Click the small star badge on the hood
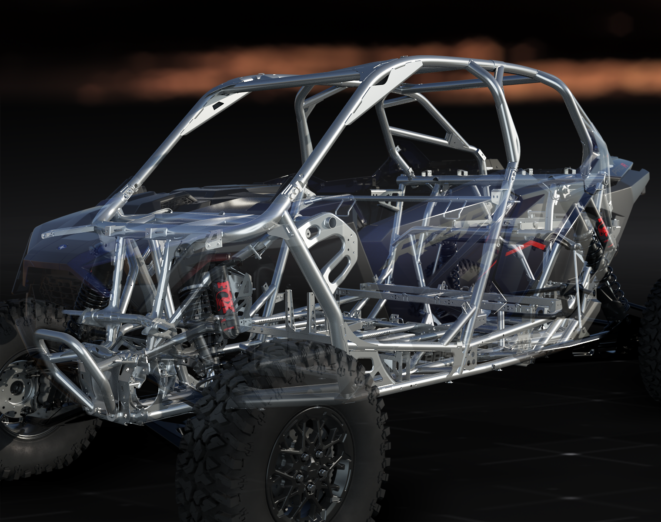coord(60,248)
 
